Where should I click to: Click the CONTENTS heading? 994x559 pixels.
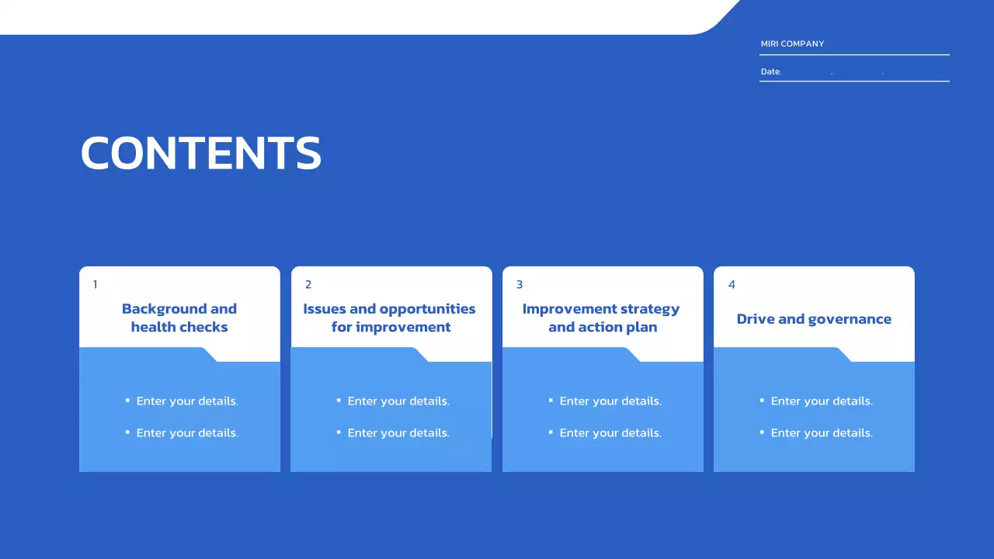click(x=201, y=153)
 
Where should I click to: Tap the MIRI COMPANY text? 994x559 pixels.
click(x=792, y=44)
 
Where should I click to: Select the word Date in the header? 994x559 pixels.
click(x=770, y=71)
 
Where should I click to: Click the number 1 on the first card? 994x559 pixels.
click(x=95, y=284)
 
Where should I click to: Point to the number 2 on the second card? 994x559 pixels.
click(x=308, y=284)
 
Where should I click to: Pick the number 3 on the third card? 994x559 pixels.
click(x=520, y=284)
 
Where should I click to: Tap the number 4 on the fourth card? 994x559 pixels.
click(x=732, y=284)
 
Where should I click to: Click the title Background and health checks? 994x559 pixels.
click(x=179, y=318)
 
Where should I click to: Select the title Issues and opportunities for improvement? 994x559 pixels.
click(x=390, y=318)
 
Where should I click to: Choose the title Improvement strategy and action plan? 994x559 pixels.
click(x=601, y=318)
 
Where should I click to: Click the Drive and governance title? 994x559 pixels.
click(x=814, y=319)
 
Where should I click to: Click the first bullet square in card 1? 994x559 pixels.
click(x=127, y=400)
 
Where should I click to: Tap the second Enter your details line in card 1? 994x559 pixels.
click(x=187, y=432)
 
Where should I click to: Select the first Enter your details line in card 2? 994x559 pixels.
click(x=398, y=401)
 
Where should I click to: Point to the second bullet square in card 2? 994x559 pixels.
click(x=339, y=432)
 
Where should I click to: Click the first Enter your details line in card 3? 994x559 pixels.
click(x=610, y=401)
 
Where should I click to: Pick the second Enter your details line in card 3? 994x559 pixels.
click(x=610, y=432)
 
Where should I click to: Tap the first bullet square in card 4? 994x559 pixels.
click(x=762, y=400)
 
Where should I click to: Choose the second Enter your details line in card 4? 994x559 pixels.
click(x=822, y=432)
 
